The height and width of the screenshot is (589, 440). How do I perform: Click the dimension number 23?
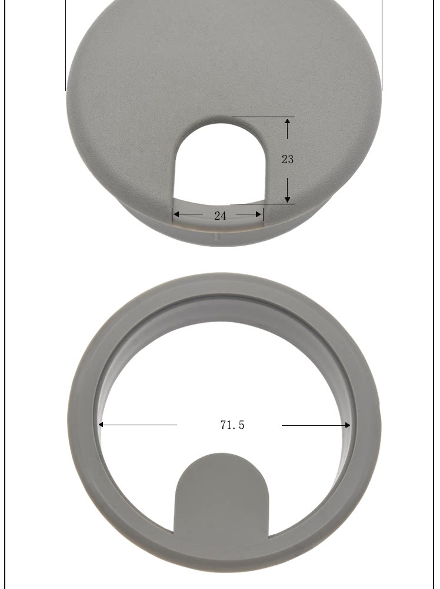(x=287, y=159)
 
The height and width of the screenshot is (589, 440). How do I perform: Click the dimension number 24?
(x=220, y=216)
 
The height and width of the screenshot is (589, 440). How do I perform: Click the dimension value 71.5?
(x=232, y=425)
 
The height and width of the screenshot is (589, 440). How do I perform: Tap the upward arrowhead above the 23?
(x=287, y=121)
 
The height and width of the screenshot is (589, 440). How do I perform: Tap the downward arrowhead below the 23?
(x=287, y=199)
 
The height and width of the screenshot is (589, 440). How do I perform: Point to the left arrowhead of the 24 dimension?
(x=176, y=214)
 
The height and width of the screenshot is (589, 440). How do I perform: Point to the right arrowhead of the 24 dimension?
(x=258, y=214)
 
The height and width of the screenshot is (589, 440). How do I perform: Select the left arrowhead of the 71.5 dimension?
(x=101, y=425)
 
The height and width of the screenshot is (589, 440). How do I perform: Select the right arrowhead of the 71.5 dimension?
(x=347, y=425)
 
